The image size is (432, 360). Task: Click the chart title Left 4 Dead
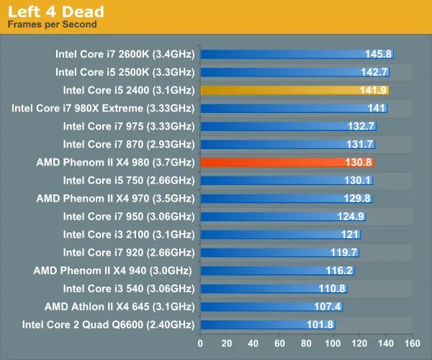(x=55, y=12)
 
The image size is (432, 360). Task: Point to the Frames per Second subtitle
(x=52, y=24)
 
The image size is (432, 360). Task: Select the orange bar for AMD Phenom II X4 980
(x=287, y=162)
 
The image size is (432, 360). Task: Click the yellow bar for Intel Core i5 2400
(x=294, y=90)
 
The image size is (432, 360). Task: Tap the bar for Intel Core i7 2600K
(x=297, y=54)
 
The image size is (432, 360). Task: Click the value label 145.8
(x=378, y=54)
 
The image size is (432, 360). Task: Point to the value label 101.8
(x=320, y=325)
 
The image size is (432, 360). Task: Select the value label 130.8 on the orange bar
(x=358, y=162)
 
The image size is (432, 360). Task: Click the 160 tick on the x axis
(x=413, y=343)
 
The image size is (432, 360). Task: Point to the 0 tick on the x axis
(x=200, y=343)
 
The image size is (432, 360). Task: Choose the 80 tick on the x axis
(x=306, y=343)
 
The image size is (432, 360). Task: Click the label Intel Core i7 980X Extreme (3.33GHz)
(x=103, y=108)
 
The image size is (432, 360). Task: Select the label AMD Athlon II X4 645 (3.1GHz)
(x=119, y=306)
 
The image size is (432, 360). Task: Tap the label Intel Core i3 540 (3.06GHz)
(x=128, y=288)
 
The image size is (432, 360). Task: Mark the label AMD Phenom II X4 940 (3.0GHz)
(x=114, y=270)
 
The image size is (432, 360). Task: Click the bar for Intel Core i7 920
(x=279, y=252)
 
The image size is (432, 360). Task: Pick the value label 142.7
(x=374, y=72)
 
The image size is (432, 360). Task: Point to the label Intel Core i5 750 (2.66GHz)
(x=128, y=180)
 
